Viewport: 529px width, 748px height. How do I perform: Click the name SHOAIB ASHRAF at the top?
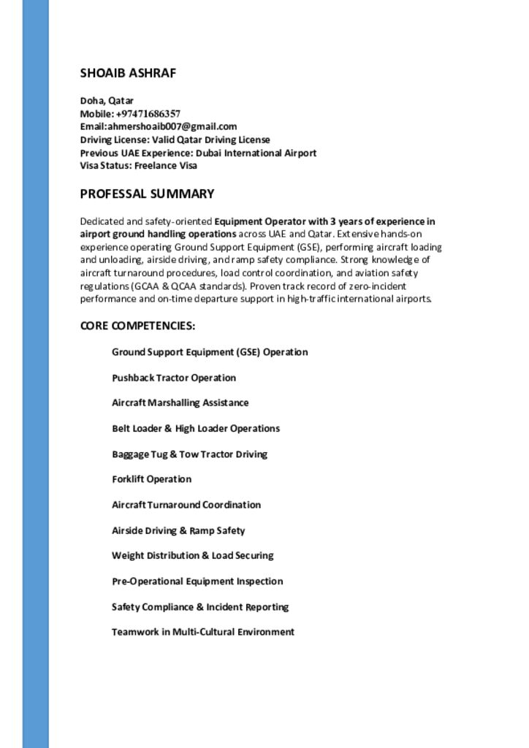coord(128,73)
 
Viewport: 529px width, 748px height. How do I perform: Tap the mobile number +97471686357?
coord(148,114)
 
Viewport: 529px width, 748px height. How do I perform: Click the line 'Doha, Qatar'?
coord(107,101)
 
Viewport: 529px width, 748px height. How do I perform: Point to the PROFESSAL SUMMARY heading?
coord(147,194)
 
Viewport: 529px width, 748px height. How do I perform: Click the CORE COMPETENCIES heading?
coord(137,325)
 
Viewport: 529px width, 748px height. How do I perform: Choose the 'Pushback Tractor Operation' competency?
coord(174,378)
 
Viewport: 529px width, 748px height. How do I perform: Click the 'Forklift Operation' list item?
coord(151,479)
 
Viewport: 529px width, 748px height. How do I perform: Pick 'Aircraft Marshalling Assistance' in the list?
coord(180,402)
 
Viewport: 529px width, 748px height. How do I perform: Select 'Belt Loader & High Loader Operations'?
coord(196,428)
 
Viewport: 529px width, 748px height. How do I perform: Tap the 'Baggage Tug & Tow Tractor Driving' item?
coord(189,454)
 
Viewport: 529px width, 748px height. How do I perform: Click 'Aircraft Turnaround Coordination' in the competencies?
coord(186,505)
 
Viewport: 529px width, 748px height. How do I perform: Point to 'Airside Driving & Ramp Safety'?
coord(178,530)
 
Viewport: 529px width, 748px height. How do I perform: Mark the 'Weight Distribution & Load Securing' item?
coord(192,555)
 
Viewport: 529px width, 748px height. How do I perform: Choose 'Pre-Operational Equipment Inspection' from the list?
coord(197,581)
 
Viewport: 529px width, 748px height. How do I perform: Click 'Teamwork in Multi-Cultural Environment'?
coord(202,632)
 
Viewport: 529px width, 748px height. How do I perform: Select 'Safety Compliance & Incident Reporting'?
coord(200,606)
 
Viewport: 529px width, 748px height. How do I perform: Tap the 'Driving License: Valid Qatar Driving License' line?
coord(175,140)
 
